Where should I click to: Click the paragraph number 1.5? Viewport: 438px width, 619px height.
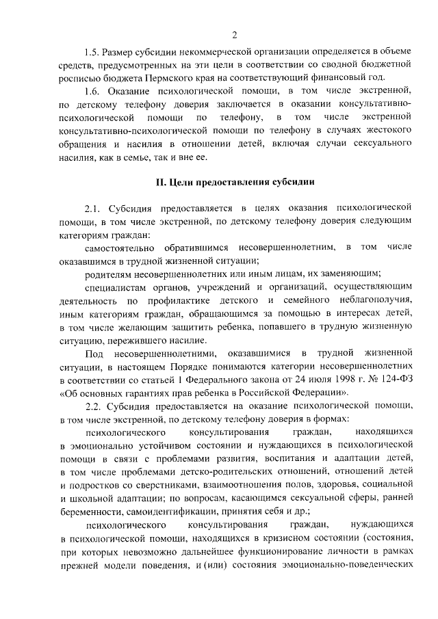(92, 52)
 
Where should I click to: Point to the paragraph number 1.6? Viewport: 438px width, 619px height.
(92, 91)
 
